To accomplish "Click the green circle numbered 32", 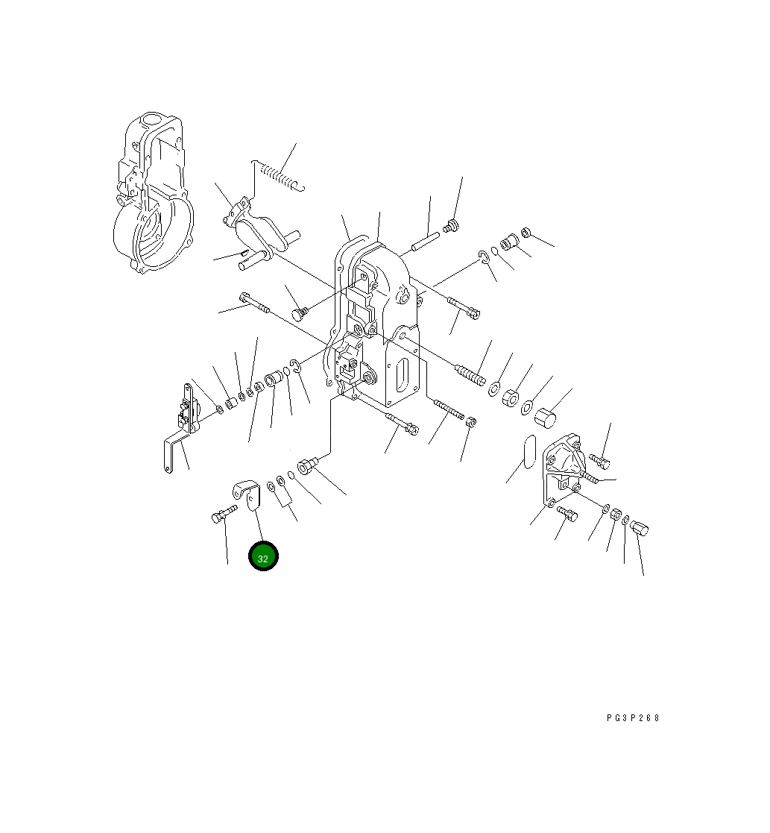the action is point(263,556).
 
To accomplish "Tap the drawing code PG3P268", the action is point(633,717).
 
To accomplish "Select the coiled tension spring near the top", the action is point(278,175).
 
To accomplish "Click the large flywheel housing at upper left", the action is point(154,193).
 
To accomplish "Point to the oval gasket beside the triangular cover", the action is point(529,452).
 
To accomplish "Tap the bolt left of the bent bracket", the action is point(224,515).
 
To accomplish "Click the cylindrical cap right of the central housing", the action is point(546,416).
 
